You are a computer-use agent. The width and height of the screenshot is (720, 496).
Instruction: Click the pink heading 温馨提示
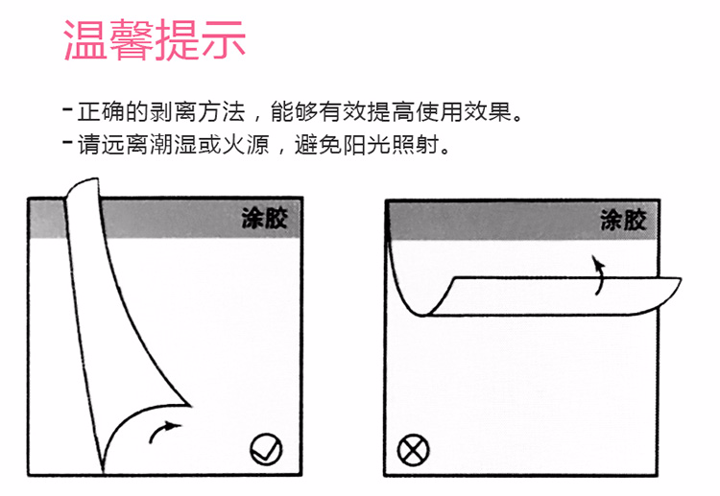(155, 40)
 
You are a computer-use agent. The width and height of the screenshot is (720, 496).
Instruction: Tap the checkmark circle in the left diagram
(266, 449)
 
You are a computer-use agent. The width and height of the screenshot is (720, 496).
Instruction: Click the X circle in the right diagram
(413, 450)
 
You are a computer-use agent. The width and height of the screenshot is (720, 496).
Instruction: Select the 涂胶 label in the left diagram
(265, 218)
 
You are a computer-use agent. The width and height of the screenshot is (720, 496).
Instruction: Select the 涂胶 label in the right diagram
(623, 221)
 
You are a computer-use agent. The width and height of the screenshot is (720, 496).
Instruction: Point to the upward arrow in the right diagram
(599, 274)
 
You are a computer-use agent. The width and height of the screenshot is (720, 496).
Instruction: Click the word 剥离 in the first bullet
(173, 112)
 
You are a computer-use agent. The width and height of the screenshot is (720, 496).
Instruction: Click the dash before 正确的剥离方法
(67, 109)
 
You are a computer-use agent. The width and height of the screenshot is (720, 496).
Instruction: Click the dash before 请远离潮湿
(67, 141)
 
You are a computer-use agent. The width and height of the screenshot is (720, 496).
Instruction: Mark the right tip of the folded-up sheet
(681, 278)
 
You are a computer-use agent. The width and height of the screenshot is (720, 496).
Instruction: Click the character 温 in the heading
(84, 40)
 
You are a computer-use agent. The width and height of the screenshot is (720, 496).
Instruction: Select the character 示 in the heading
(224, 40)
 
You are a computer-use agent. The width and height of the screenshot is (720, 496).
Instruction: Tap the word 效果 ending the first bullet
(487, 112)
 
